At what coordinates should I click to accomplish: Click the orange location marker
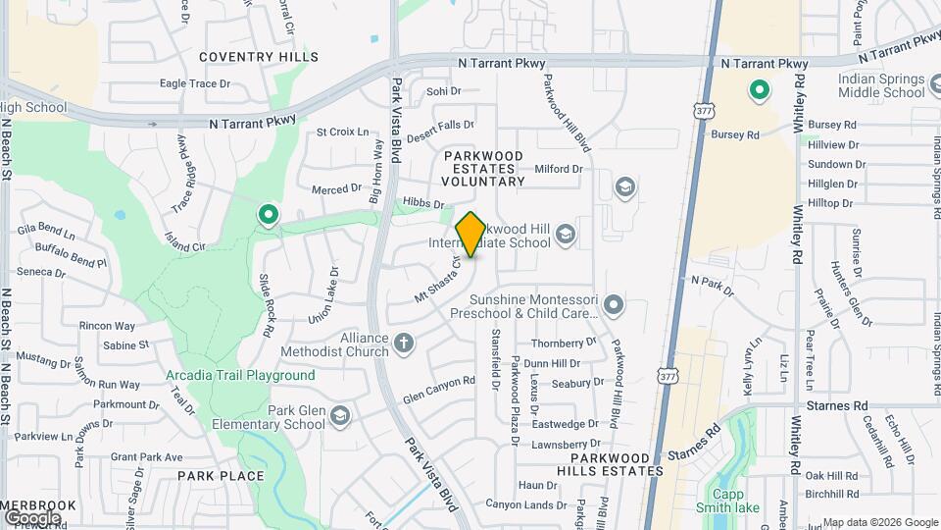(x=470, y=234)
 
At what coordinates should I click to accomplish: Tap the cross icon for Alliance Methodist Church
(x=404, y=344)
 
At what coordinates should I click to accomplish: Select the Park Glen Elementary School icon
(x=339, y=416)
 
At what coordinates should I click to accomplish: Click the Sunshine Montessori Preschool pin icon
(x=614, y=305)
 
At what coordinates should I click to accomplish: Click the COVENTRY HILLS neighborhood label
(x=259, y=57)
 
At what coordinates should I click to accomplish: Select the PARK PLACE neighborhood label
(x=221, y=476)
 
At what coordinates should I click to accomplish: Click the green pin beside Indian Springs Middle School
(x=759, y=91)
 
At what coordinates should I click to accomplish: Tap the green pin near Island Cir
(x=268, y=214)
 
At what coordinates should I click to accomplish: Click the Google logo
(x=32, y=517)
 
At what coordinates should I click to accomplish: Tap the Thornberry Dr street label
(x=564, y=344)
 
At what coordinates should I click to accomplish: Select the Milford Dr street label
(x=559, y=169)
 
